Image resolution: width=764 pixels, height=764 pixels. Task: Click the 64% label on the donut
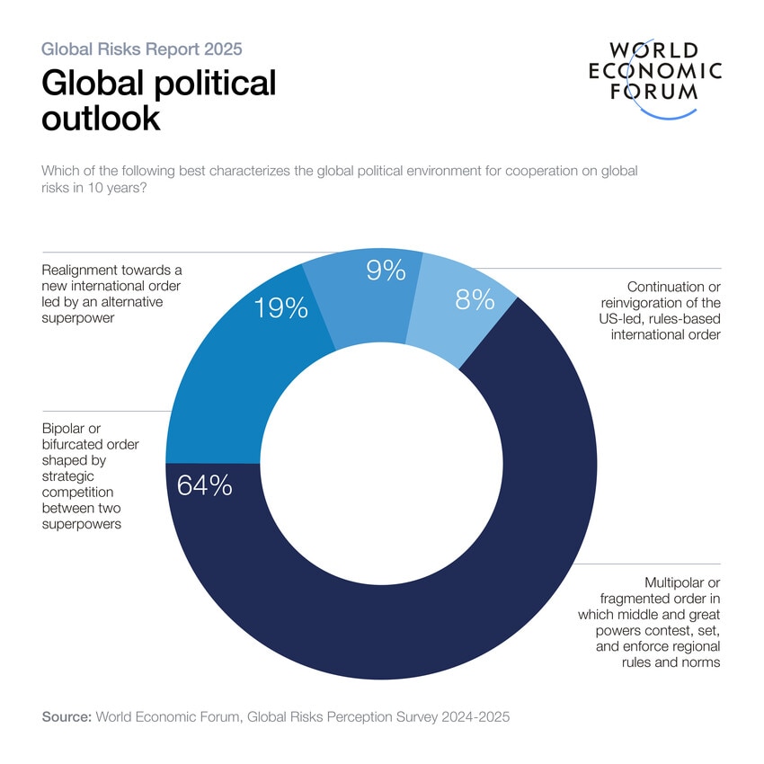pos(205,485)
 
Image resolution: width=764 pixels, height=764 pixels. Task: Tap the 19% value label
pos(280,308)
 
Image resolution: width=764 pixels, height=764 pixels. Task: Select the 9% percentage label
pos(386,271)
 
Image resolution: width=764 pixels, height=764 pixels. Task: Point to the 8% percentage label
pos(475,299)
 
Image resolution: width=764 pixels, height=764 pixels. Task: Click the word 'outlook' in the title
pos(101,118)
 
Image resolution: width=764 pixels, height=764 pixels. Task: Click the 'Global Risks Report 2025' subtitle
pos(142,49)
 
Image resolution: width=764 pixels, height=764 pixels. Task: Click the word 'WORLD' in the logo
pos(653,50)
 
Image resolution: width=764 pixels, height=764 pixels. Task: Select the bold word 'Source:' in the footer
pos(67,716)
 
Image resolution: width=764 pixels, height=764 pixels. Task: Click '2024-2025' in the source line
pos(478,716)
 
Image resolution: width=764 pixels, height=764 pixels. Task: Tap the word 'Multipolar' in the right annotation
pos(682,582)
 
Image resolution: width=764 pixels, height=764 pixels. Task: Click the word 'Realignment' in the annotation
pos(80,269)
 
